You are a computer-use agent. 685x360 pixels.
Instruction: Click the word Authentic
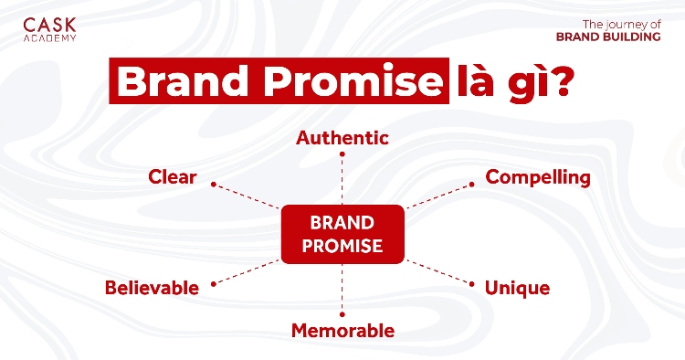(342, 138)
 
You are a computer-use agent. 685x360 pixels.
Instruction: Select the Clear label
(172, 176)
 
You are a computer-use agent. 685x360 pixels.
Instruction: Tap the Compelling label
(538, 176)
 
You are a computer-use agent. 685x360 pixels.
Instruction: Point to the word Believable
(152, 288)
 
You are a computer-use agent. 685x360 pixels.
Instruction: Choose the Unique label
(517, 288)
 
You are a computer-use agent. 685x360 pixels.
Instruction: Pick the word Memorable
(342, 330)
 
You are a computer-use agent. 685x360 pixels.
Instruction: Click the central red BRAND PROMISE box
(342, 234)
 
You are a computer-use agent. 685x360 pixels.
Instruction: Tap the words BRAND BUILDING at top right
(608, 37)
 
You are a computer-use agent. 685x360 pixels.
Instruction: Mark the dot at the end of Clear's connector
(213, 184)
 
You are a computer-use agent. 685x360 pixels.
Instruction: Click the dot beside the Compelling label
(472, 184)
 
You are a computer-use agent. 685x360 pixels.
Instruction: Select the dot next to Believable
(213, 283)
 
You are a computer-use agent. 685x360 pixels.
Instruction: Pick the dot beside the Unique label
(472, 283)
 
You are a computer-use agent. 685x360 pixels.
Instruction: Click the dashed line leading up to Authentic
(342, 178)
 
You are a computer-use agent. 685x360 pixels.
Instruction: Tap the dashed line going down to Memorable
(342, 288)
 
